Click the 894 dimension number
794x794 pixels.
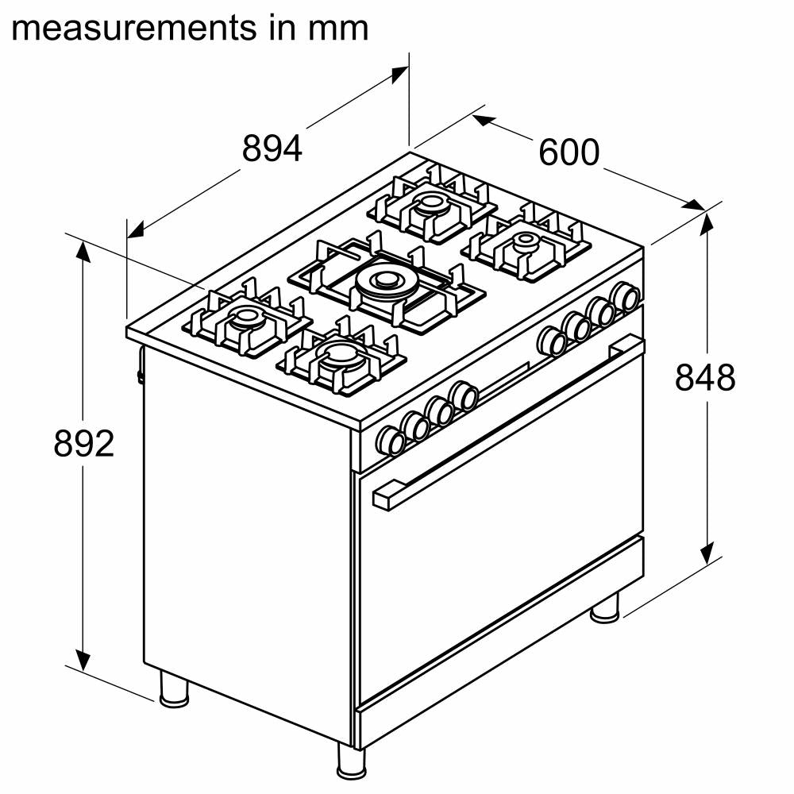272,148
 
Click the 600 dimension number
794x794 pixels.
569,152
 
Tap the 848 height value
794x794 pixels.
705,378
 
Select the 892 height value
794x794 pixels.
84,444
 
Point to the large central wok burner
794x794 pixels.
384,280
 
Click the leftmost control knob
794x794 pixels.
391,441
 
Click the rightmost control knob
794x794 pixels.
626,296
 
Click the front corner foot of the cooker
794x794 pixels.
349,761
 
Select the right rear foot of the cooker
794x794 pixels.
605,607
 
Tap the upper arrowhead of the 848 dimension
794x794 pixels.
706,225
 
